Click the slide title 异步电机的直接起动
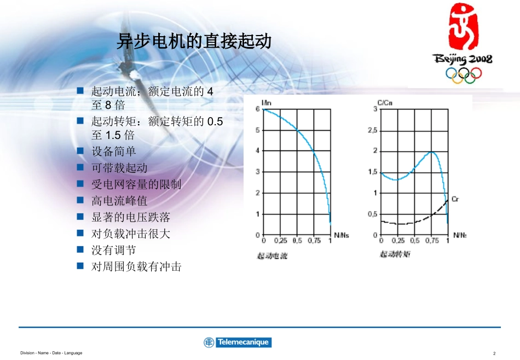click(194, 42)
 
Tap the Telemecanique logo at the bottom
click(238, 342)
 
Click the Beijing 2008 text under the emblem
click(463, 59)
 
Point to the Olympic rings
click(463, 74)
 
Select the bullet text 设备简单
click(114, 152)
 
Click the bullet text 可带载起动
click(119, 168)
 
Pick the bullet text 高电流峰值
click(119, 201)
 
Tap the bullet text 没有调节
click(114, 250)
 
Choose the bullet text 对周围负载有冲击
click(136, 266)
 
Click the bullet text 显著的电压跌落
click(131, 217)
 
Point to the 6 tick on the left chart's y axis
click(258, 109)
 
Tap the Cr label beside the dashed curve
click(455, 200)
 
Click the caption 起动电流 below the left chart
click(272, 255)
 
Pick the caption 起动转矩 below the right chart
click(395, 254)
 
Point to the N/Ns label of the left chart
click(341, 235)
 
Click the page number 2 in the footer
click(494, 353)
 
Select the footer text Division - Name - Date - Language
click(51, 353)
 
